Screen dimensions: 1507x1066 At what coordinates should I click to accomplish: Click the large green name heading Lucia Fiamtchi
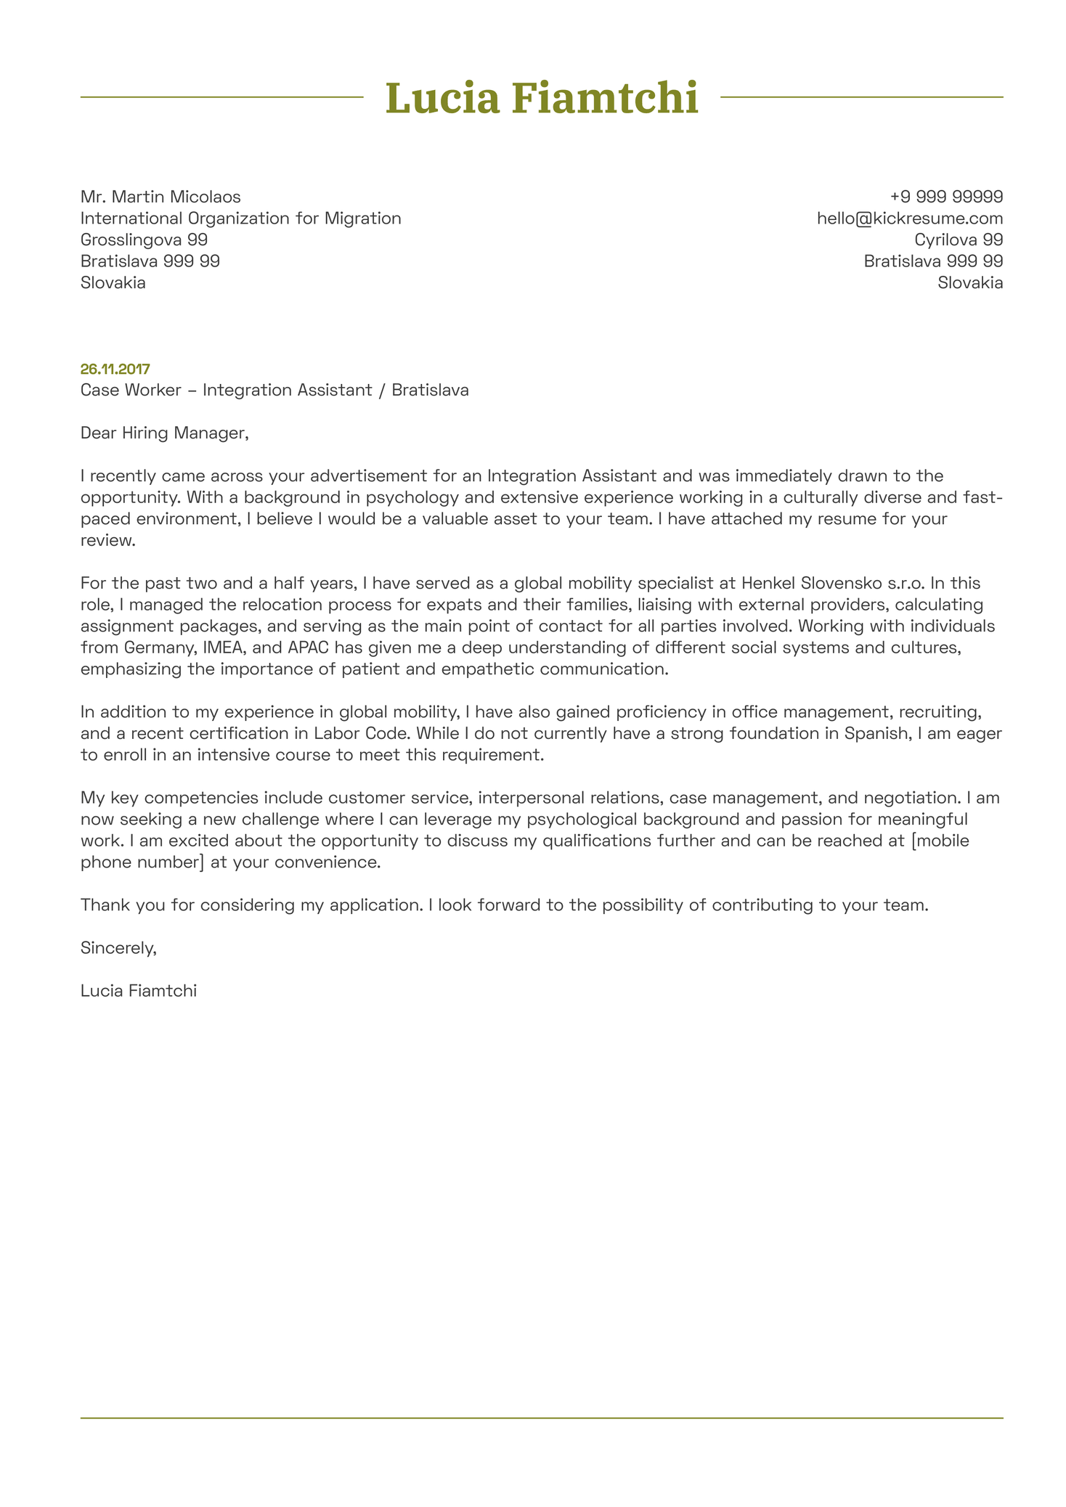point(541,98)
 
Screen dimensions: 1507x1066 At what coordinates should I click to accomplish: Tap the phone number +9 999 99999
point(946,197)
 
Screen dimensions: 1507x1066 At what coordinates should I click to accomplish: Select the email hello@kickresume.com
point(910,219)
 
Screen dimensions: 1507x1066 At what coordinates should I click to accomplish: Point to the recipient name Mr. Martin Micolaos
point(160,197)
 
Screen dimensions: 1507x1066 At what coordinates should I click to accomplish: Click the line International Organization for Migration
point(240,219)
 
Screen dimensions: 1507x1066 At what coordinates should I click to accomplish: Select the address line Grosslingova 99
point(144,240)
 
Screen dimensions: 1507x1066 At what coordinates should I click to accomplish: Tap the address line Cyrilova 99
point(959,240)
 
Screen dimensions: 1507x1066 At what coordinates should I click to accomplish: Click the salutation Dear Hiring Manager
point(164,433)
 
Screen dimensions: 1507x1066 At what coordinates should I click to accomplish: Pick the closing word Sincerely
point(118,947)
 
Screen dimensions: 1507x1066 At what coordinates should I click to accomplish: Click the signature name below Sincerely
point(139,990)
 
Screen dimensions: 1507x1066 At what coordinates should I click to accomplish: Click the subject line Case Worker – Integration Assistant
point(274,391)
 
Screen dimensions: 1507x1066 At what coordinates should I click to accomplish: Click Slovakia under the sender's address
point(970,283)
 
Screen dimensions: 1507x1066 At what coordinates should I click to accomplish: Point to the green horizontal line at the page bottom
point(541,1418)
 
